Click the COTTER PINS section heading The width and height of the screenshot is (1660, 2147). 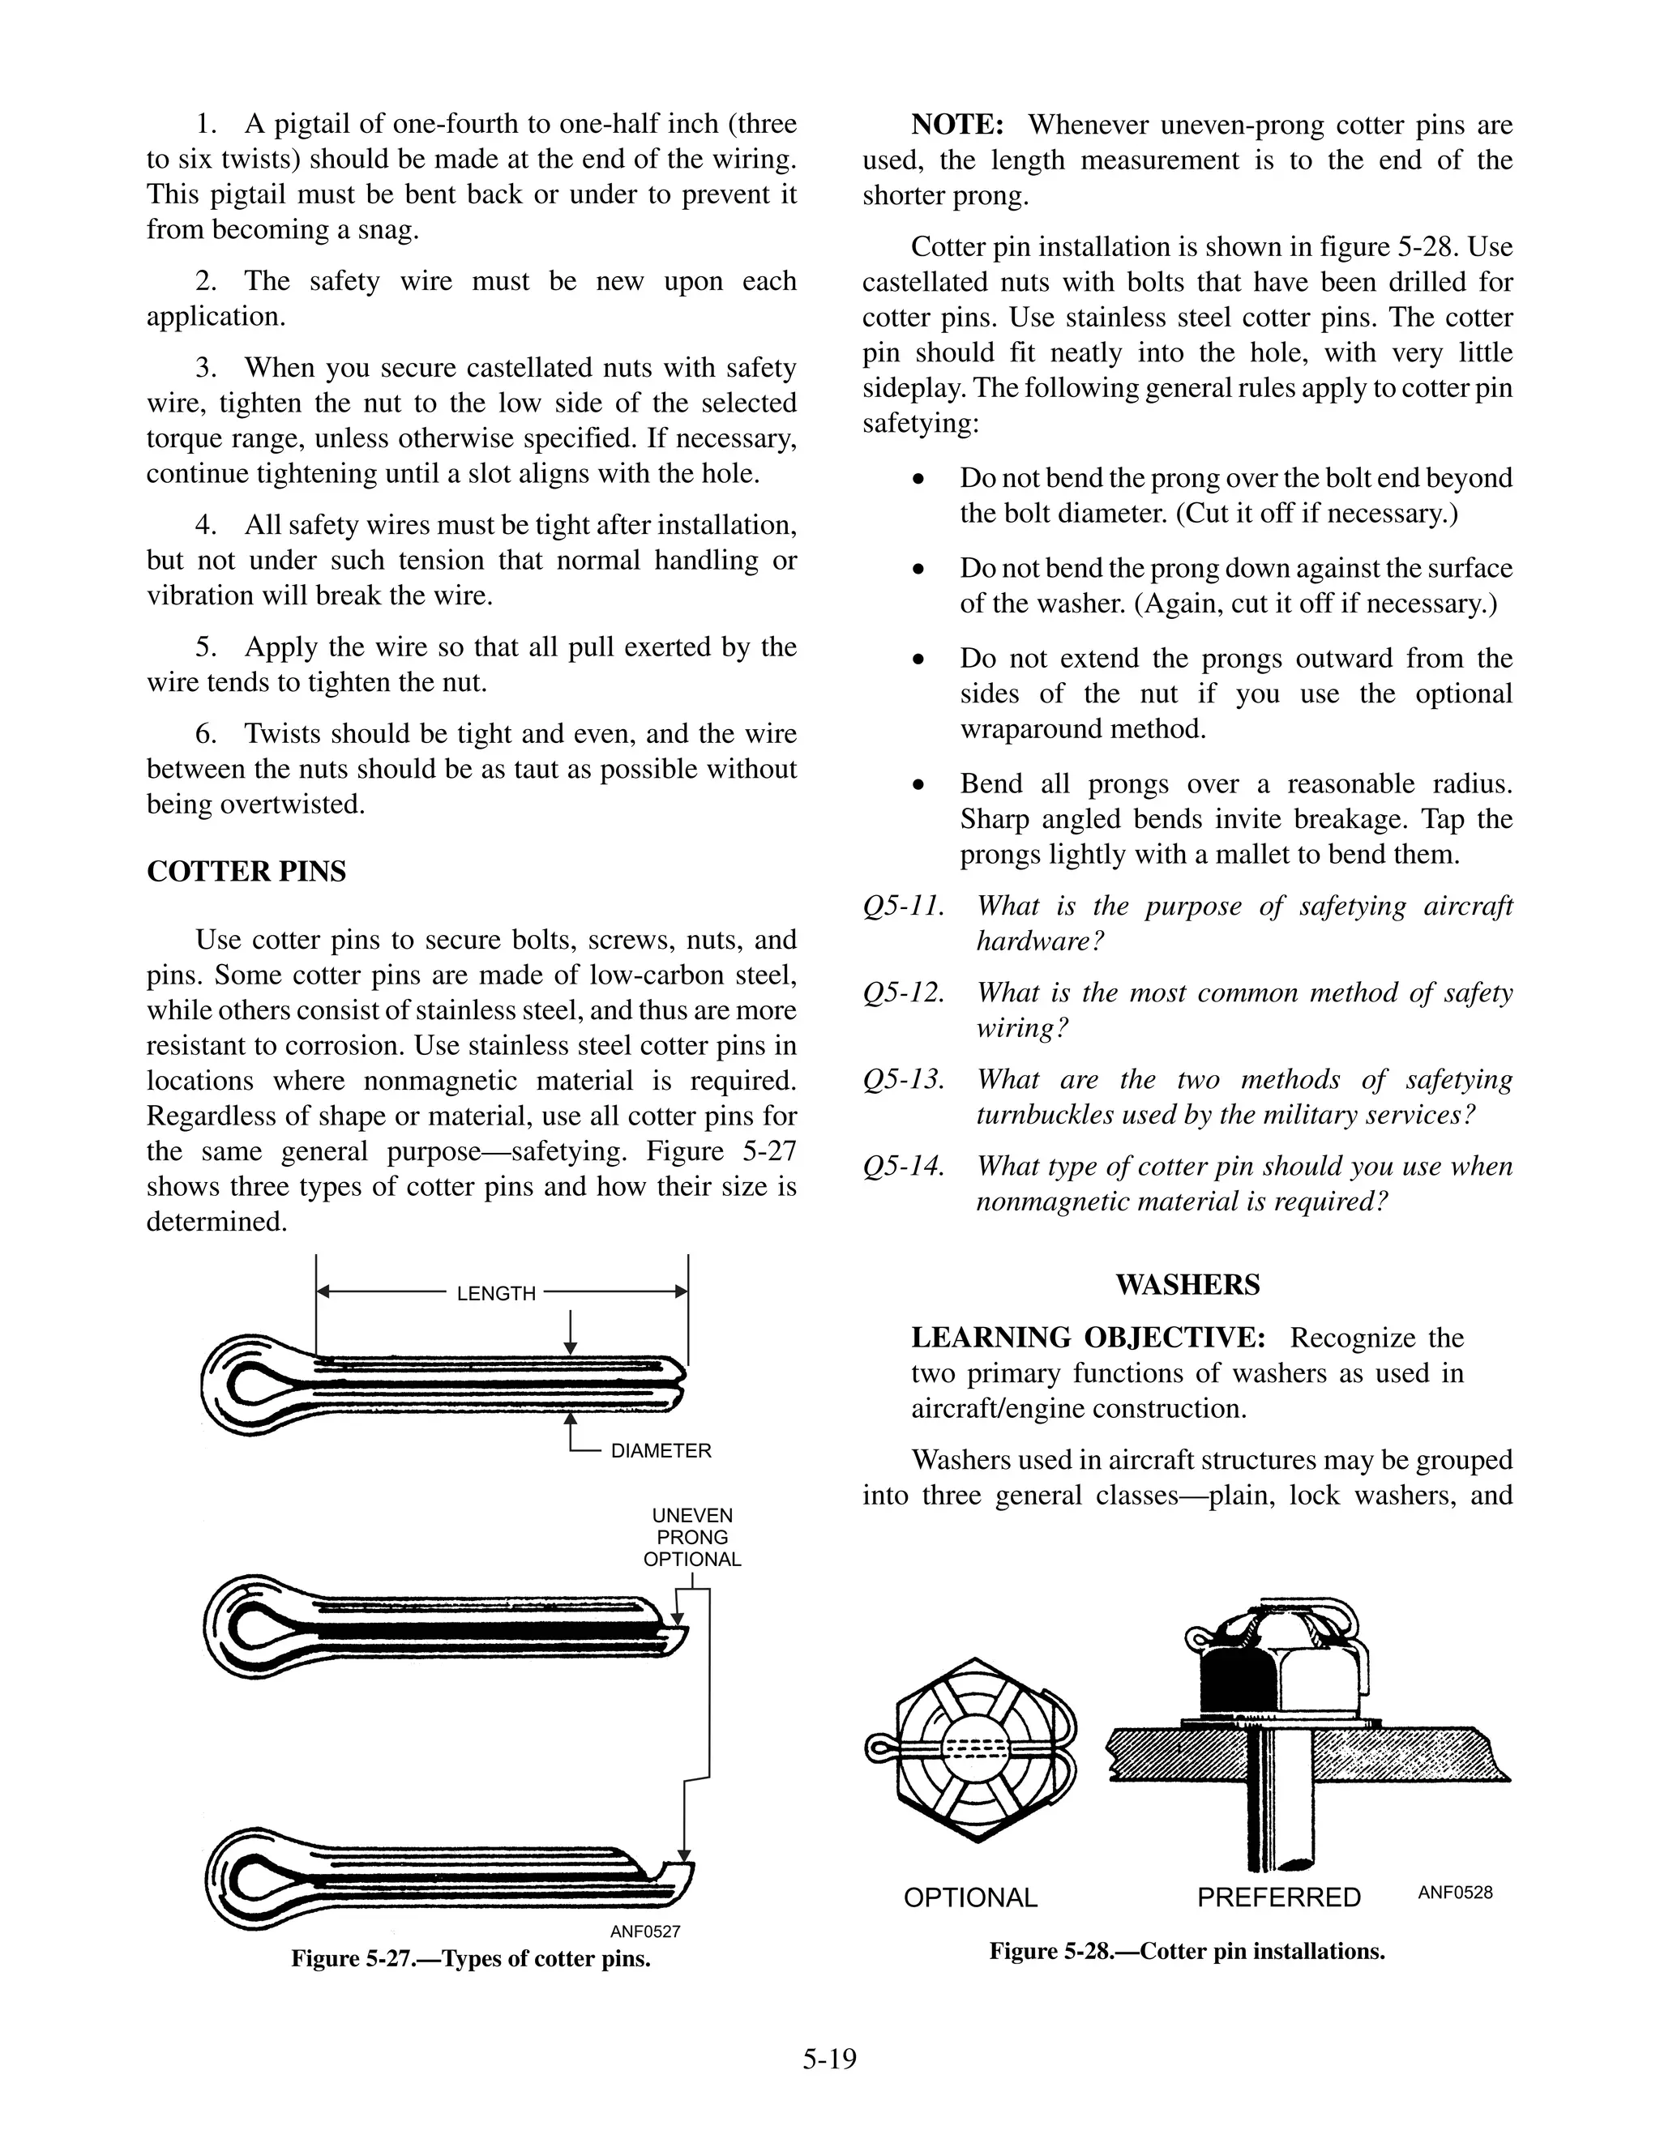[x=246, y=872]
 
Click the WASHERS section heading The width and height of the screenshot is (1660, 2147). [x=1187, y=1285]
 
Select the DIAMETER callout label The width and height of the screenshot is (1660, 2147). [x=660, y=1451]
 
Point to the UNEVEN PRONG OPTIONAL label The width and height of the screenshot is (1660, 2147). [x=692, y=1538]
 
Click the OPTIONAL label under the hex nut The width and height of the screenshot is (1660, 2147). [x=969, y=1897]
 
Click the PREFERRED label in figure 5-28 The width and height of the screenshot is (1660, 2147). [x=1278, y=1897]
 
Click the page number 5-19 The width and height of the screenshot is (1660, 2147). [x=829, y=2059]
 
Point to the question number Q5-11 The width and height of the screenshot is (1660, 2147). [x=903, y=907]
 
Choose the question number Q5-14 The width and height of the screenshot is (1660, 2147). [x=903, y=1167]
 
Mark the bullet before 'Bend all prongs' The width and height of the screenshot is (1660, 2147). [x=918, y=785]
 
